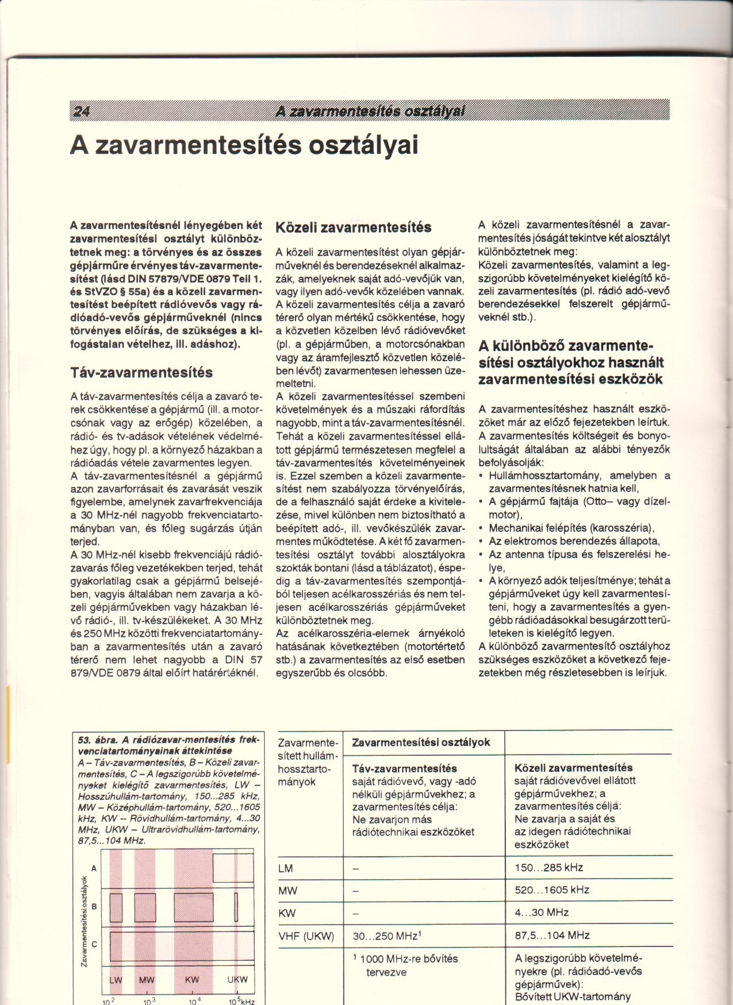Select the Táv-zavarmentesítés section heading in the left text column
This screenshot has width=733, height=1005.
tap(141, 372)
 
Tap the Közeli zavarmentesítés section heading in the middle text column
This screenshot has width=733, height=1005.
tap(353, 227)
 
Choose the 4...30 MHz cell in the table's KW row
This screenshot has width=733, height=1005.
tap(542, 913)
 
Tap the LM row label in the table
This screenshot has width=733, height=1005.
tap(286, 868)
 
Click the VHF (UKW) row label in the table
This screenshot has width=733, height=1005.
tap(306, 936)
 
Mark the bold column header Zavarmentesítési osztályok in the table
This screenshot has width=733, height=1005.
tap(421, 742)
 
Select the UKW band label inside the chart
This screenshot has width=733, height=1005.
tap(237, 980)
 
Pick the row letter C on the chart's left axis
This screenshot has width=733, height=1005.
tap(94, 945)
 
